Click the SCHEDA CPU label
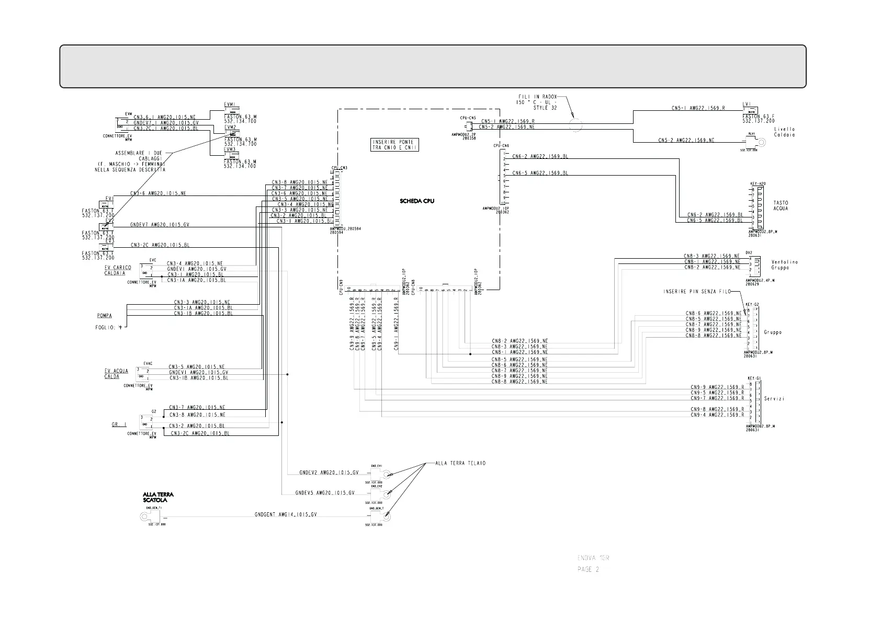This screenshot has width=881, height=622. coord(417,201)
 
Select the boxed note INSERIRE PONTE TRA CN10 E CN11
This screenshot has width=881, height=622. coord(393,145)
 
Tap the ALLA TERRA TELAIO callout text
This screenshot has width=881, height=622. coord(460,463)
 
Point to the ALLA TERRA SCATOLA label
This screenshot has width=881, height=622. coord(158,497)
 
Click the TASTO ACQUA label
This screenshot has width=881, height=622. coord(781,206)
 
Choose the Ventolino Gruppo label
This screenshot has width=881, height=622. coord(784,265)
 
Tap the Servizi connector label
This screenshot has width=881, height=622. coord(774,399)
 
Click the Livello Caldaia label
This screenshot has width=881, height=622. coord(784,132)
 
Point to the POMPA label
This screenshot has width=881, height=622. coord(104,316)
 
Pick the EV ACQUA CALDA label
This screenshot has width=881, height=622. coord(116,374)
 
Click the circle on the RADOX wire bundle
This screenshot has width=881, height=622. coord(575,124)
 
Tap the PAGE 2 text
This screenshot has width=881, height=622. coord(588,569)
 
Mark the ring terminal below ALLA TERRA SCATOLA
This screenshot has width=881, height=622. coord(143,517)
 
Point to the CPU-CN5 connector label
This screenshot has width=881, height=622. coord(468,118)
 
